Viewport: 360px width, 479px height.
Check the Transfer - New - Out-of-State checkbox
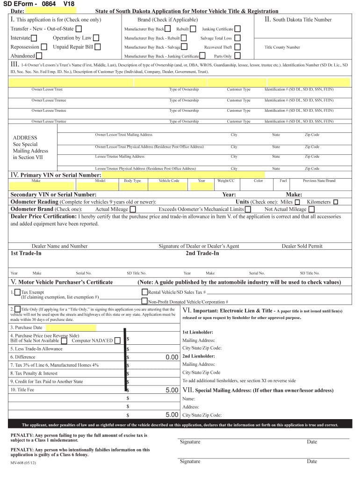pos(79,29)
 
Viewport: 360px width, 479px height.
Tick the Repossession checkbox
pos(44,47)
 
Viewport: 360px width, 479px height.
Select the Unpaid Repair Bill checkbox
pos(98,47)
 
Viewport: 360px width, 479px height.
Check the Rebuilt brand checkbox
pos(193,29)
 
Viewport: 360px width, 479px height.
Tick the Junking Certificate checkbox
pos(238,29)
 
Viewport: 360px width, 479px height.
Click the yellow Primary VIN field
pos(183,175)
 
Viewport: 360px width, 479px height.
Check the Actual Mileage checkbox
pos(133,209)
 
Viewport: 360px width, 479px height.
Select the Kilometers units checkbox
pos(335,202)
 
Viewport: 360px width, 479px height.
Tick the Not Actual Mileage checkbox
pos(311,209)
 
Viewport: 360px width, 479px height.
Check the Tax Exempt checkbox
pos(17,292)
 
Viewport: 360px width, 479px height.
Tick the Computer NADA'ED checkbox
pos(117,341)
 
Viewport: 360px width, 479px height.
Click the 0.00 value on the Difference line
pos(172,357)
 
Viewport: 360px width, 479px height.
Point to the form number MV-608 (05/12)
pos(23,463)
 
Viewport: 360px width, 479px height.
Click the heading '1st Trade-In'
pos(26,253)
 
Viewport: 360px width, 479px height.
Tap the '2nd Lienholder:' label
pos(199,356)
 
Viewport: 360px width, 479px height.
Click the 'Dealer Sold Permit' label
pos(302,246)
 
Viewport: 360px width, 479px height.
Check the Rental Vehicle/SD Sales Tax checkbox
pos(144,292)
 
